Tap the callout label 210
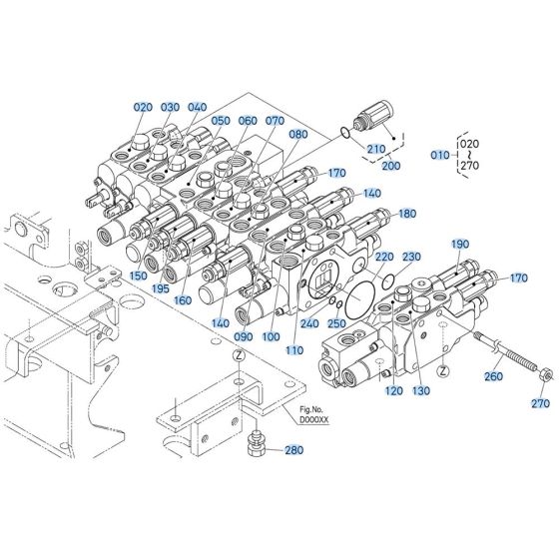375,150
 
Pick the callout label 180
406,214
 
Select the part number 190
459,245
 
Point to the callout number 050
221,122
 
